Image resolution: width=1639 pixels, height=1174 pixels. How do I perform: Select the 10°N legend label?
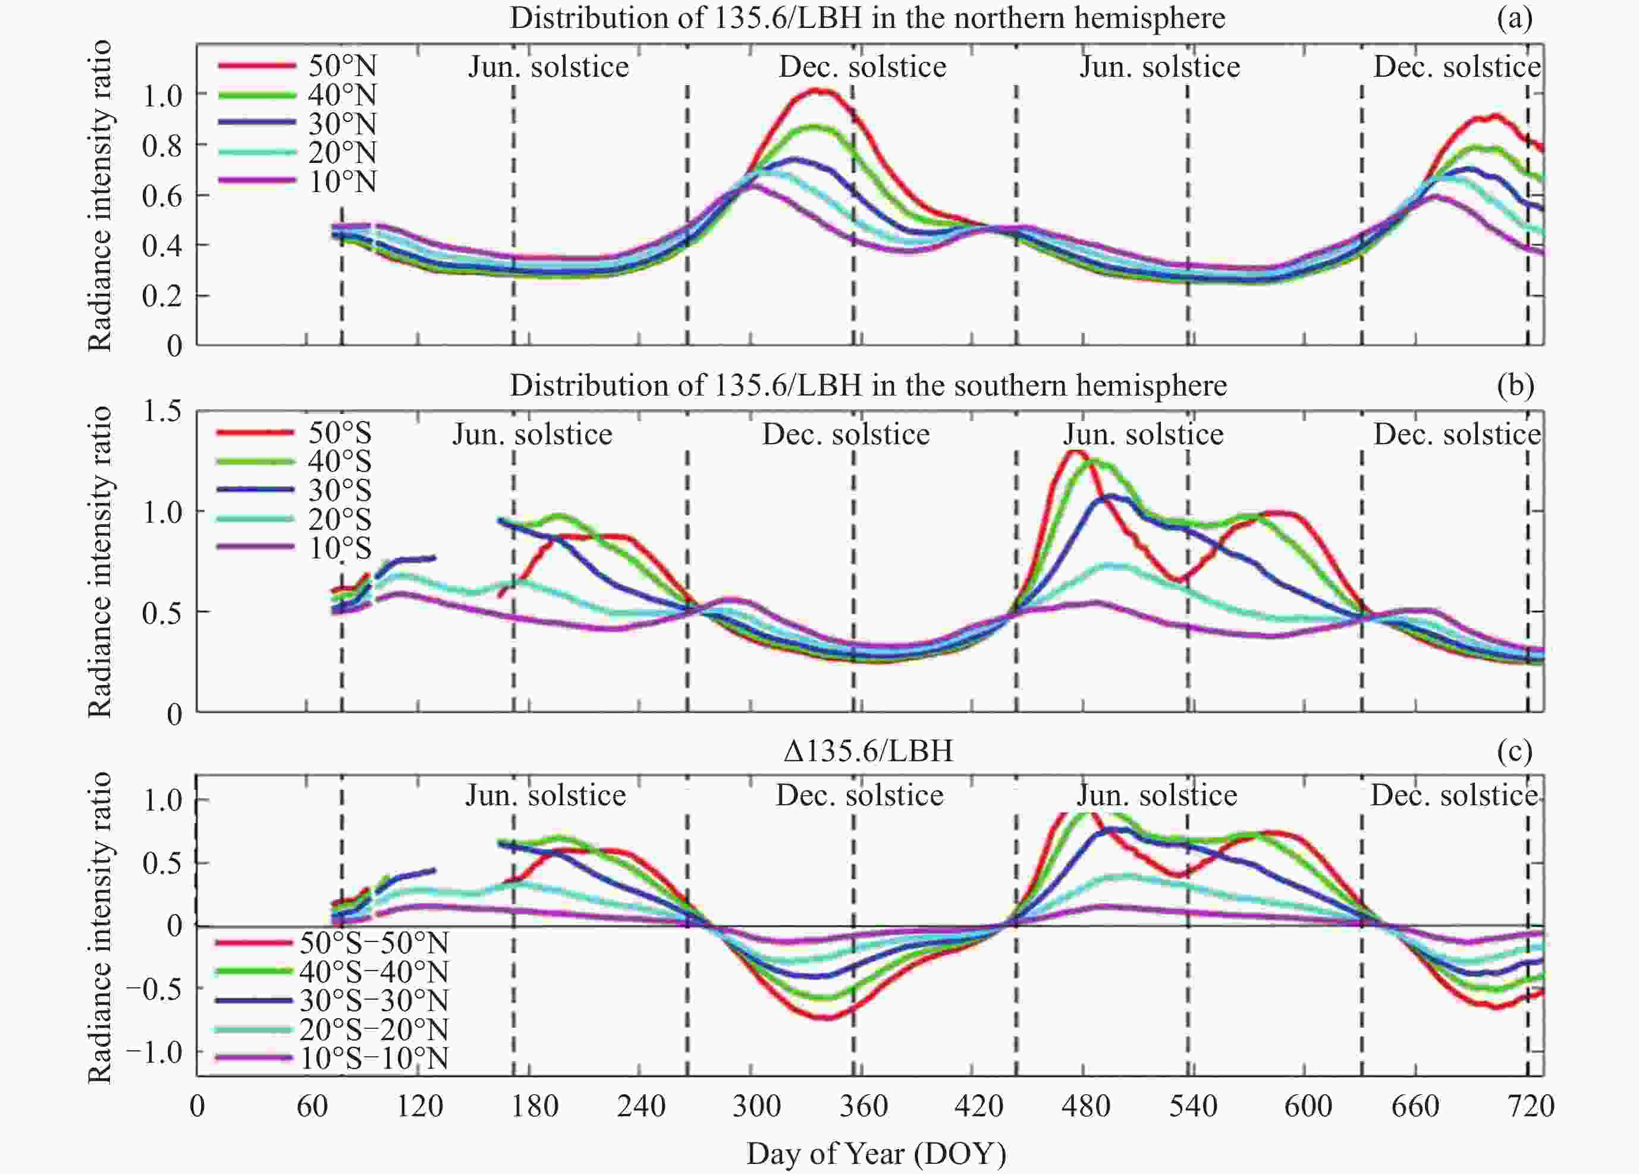[342, 181]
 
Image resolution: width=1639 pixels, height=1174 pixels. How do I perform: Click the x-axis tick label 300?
[756, 1106]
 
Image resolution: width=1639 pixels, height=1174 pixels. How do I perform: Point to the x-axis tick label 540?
[1193, 1106]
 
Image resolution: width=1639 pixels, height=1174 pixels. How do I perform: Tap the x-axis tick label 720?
[1531, 1106]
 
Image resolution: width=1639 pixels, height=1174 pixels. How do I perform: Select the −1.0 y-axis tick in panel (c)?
[154, 1052]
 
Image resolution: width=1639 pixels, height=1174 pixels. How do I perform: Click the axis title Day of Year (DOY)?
[876, 1154]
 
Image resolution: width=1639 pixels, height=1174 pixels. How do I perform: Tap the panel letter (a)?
[1515, 18]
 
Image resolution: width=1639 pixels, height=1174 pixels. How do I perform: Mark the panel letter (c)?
[1515, 752]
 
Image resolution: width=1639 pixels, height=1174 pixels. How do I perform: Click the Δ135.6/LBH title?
[868, 752]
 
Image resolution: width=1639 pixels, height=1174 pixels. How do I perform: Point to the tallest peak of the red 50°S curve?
[1075, 452]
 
